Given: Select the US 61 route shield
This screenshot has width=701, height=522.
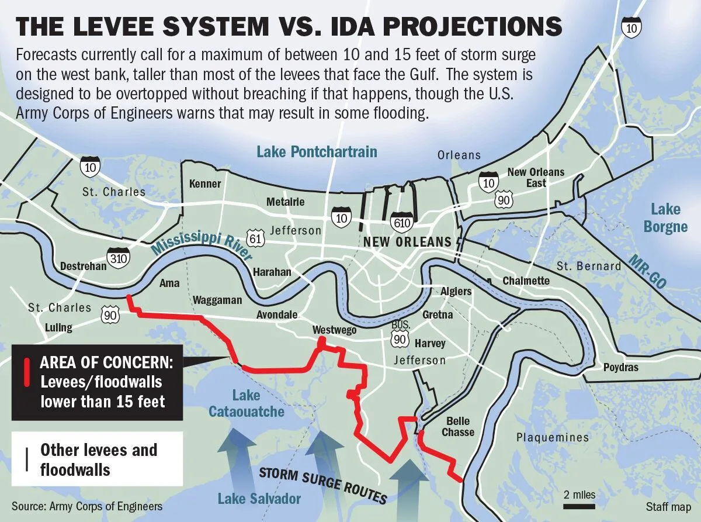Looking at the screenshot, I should [x=256, y=237].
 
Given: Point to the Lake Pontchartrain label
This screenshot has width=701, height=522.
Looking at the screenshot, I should [x=317, y=152].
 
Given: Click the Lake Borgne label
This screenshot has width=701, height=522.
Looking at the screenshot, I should [x=665, y=217].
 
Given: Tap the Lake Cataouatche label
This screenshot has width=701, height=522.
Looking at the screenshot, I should [x=246, y=403].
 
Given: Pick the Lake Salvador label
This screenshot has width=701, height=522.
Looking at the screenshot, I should [x=259, y=499].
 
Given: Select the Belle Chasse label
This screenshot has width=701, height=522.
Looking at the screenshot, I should [x=457, y=426].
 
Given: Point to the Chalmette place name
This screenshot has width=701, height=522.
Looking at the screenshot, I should [x=526, y=281].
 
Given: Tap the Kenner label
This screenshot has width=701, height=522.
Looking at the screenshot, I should [x=205, y=184].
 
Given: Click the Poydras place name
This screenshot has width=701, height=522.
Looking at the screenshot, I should [x=620, y=368].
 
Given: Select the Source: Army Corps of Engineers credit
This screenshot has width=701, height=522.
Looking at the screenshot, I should [x=86, y=506].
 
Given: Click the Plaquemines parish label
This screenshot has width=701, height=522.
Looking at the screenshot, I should [x=553, y=437].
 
